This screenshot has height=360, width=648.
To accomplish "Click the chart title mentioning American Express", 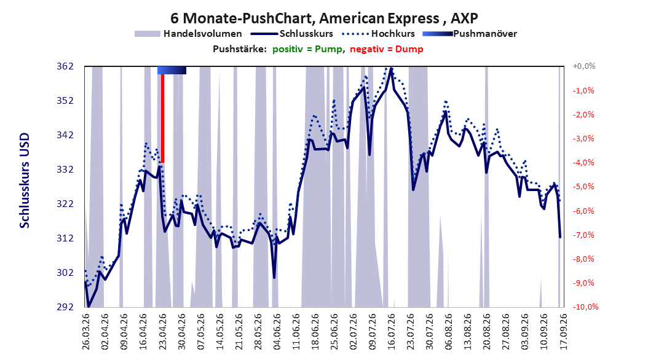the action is (324, 18).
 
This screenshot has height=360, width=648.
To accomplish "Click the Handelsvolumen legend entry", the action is (189, 34).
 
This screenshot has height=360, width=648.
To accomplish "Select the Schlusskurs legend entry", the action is (292, 34).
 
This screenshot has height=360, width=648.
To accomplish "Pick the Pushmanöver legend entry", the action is (470, 34).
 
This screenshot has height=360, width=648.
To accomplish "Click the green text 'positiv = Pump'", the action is (307, 49).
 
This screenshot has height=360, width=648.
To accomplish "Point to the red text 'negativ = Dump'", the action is (387, 49).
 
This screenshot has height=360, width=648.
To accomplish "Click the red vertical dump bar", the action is (162, 119).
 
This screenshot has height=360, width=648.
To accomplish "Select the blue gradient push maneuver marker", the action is (172, 70).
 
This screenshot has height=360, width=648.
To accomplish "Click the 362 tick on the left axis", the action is (65, 66).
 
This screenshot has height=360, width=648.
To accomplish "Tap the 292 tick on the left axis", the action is (65, 307).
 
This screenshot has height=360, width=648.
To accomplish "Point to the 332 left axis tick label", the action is (65, 170).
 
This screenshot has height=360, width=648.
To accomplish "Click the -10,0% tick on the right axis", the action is (585, 307).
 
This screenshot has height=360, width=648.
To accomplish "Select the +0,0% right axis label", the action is (584, 66).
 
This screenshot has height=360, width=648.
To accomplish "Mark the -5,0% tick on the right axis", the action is (583, 187).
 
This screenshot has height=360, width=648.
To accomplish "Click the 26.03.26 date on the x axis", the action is (86, 332).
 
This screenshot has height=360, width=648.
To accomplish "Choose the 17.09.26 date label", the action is (563, 332).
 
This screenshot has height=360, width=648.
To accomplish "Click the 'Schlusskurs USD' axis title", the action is (25, 180).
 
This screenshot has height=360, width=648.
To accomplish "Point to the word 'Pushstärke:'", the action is (240, 49).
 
